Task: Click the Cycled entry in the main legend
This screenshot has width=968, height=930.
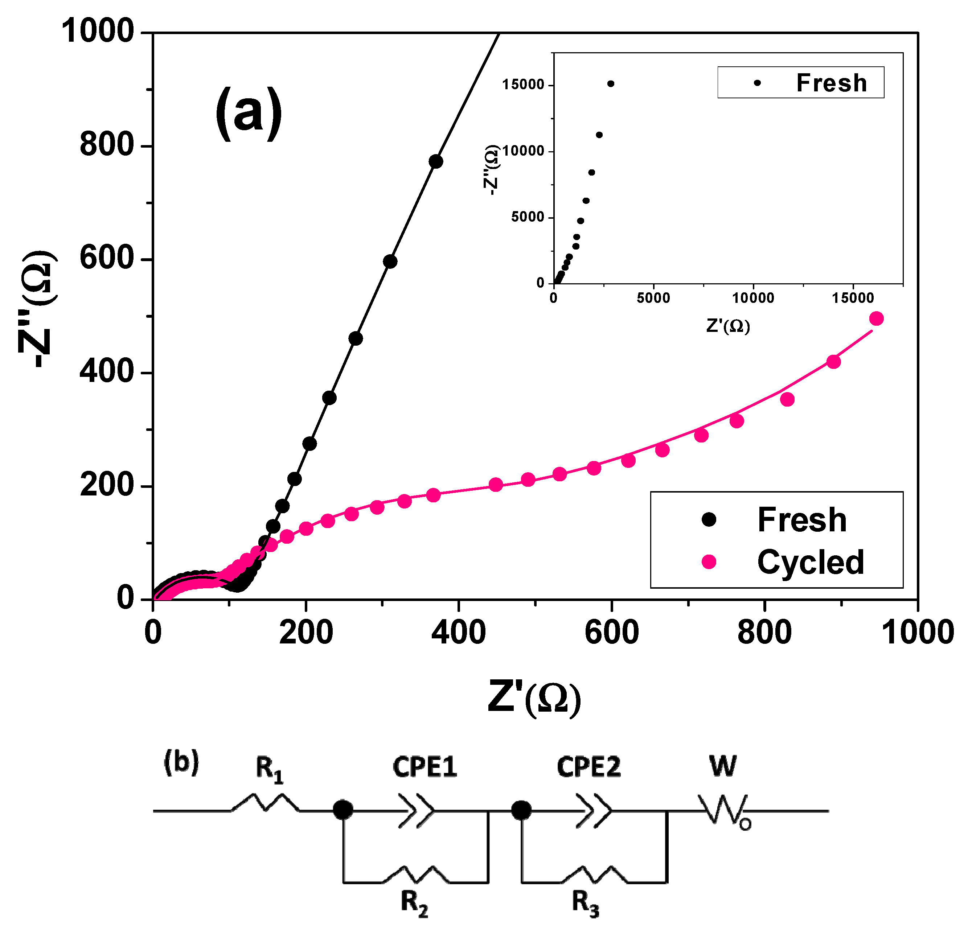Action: [810, 562]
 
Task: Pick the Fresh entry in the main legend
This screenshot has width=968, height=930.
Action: [801, 520]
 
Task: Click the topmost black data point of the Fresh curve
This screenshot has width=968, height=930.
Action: [436, 161]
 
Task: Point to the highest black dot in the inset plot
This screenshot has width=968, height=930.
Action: [610, 84]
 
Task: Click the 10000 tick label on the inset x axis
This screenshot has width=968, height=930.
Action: [753, 298]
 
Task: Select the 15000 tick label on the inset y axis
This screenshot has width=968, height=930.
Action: [523, 85]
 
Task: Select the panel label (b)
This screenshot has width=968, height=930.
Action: [181, 761]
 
